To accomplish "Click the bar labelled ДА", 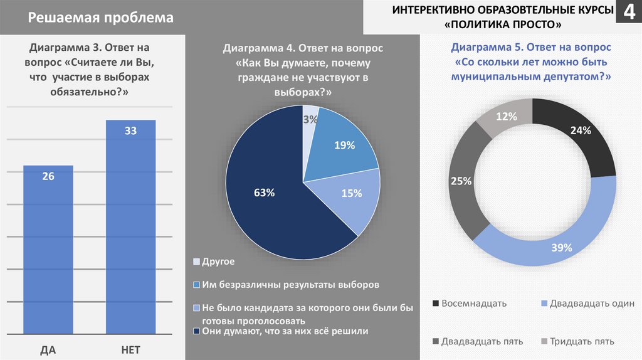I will coord(48,251).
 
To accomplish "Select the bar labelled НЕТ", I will coord(130,232).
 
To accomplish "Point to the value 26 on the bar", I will coord(48,176).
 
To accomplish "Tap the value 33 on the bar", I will coord(130,130).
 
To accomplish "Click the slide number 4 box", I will coord(628,12).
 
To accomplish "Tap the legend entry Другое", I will coord(218,261).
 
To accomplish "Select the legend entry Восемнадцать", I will coord(473,304).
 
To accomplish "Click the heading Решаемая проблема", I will coord(100,18).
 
